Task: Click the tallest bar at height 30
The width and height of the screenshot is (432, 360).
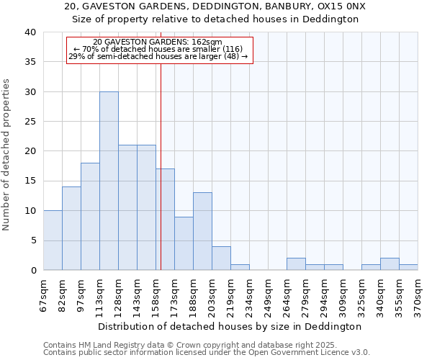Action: pos(109,181)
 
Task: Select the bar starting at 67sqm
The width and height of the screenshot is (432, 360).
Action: pos(53,240)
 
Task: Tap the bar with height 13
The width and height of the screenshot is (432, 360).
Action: pos(202,231)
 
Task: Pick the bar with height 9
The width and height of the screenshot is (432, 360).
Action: pos(184,243)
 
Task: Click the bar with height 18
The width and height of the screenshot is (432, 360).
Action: pos(90,216)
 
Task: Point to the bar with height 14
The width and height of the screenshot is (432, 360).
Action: pos(71,228)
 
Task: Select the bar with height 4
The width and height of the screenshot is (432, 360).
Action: pos(221,258)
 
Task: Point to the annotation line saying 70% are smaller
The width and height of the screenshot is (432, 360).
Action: pos(158,49)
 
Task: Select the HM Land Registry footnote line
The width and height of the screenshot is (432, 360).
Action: pos(185,345)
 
